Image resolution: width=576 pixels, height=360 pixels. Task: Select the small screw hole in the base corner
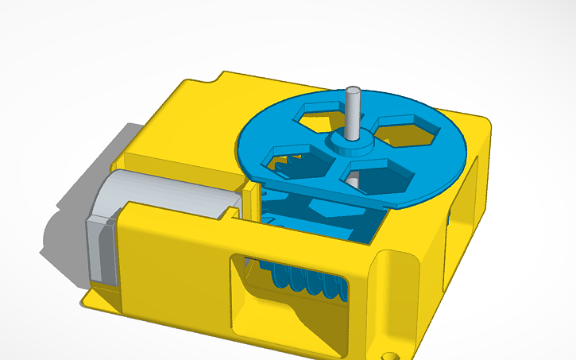(389, 349)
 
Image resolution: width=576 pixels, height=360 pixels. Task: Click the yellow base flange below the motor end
(99, 298)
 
